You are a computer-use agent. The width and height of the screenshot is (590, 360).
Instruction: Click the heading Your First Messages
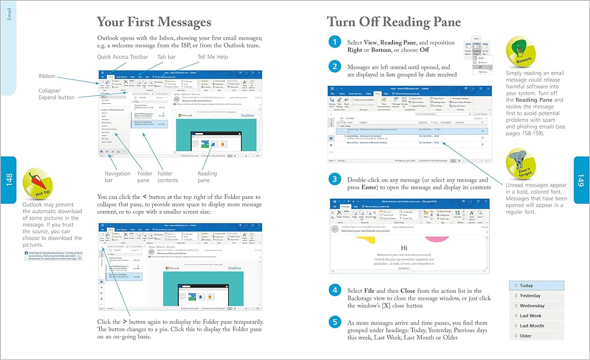click(x=154, y=22)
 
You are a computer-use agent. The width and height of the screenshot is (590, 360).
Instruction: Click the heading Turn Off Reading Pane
click(x=394, y=22)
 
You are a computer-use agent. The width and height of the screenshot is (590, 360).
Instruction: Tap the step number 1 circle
click(x=335, y=42)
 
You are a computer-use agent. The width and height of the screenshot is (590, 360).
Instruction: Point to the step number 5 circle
click(x=335, y=322)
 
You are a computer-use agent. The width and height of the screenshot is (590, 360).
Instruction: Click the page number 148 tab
click(x=9, y=180)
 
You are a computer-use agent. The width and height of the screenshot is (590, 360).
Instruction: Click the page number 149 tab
click(x=581, y=180)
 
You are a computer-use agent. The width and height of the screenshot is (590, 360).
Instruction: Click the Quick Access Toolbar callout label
click(x=123, y=57)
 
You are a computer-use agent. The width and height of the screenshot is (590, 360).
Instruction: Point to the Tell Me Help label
click(x=212, y=57)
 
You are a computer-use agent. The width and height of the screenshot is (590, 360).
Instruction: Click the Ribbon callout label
click(x=47, y=76)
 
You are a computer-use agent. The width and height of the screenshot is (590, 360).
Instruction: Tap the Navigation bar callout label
click(x=117, y=177)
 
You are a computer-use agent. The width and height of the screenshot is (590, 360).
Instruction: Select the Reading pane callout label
click(x=207, y=177)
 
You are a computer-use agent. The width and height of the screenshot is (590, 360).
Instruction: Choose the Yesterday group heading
click(x=530, y=296)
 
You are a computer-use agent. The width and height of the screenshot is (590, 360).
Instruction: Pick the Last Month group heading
click(x=532, y=326)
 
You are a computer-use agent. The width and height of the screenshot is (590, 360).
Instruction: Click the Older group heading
click(x=525, y=336)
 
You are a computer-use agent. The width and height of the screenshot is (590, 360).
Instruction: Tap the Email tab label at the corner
click(x=9, y=14)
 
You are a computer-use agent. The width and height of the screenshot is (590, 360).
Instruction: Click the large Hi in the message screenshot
click(x=404, y=248)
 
